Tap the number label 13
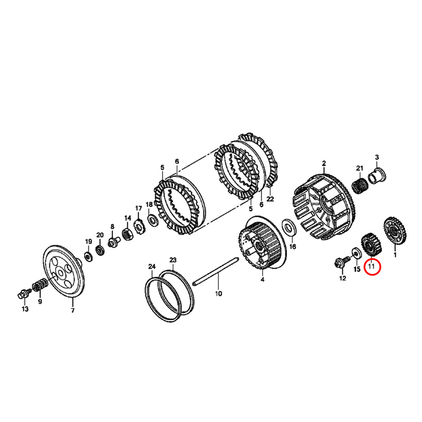point(25,309)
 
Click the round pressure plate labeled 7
point(65,270)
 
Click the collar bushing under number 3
point(376,174)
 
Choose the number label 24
point(151,267)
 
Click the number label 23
point(173,260)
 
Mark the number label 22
point(270,199)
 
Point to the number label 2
point(324,163)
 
